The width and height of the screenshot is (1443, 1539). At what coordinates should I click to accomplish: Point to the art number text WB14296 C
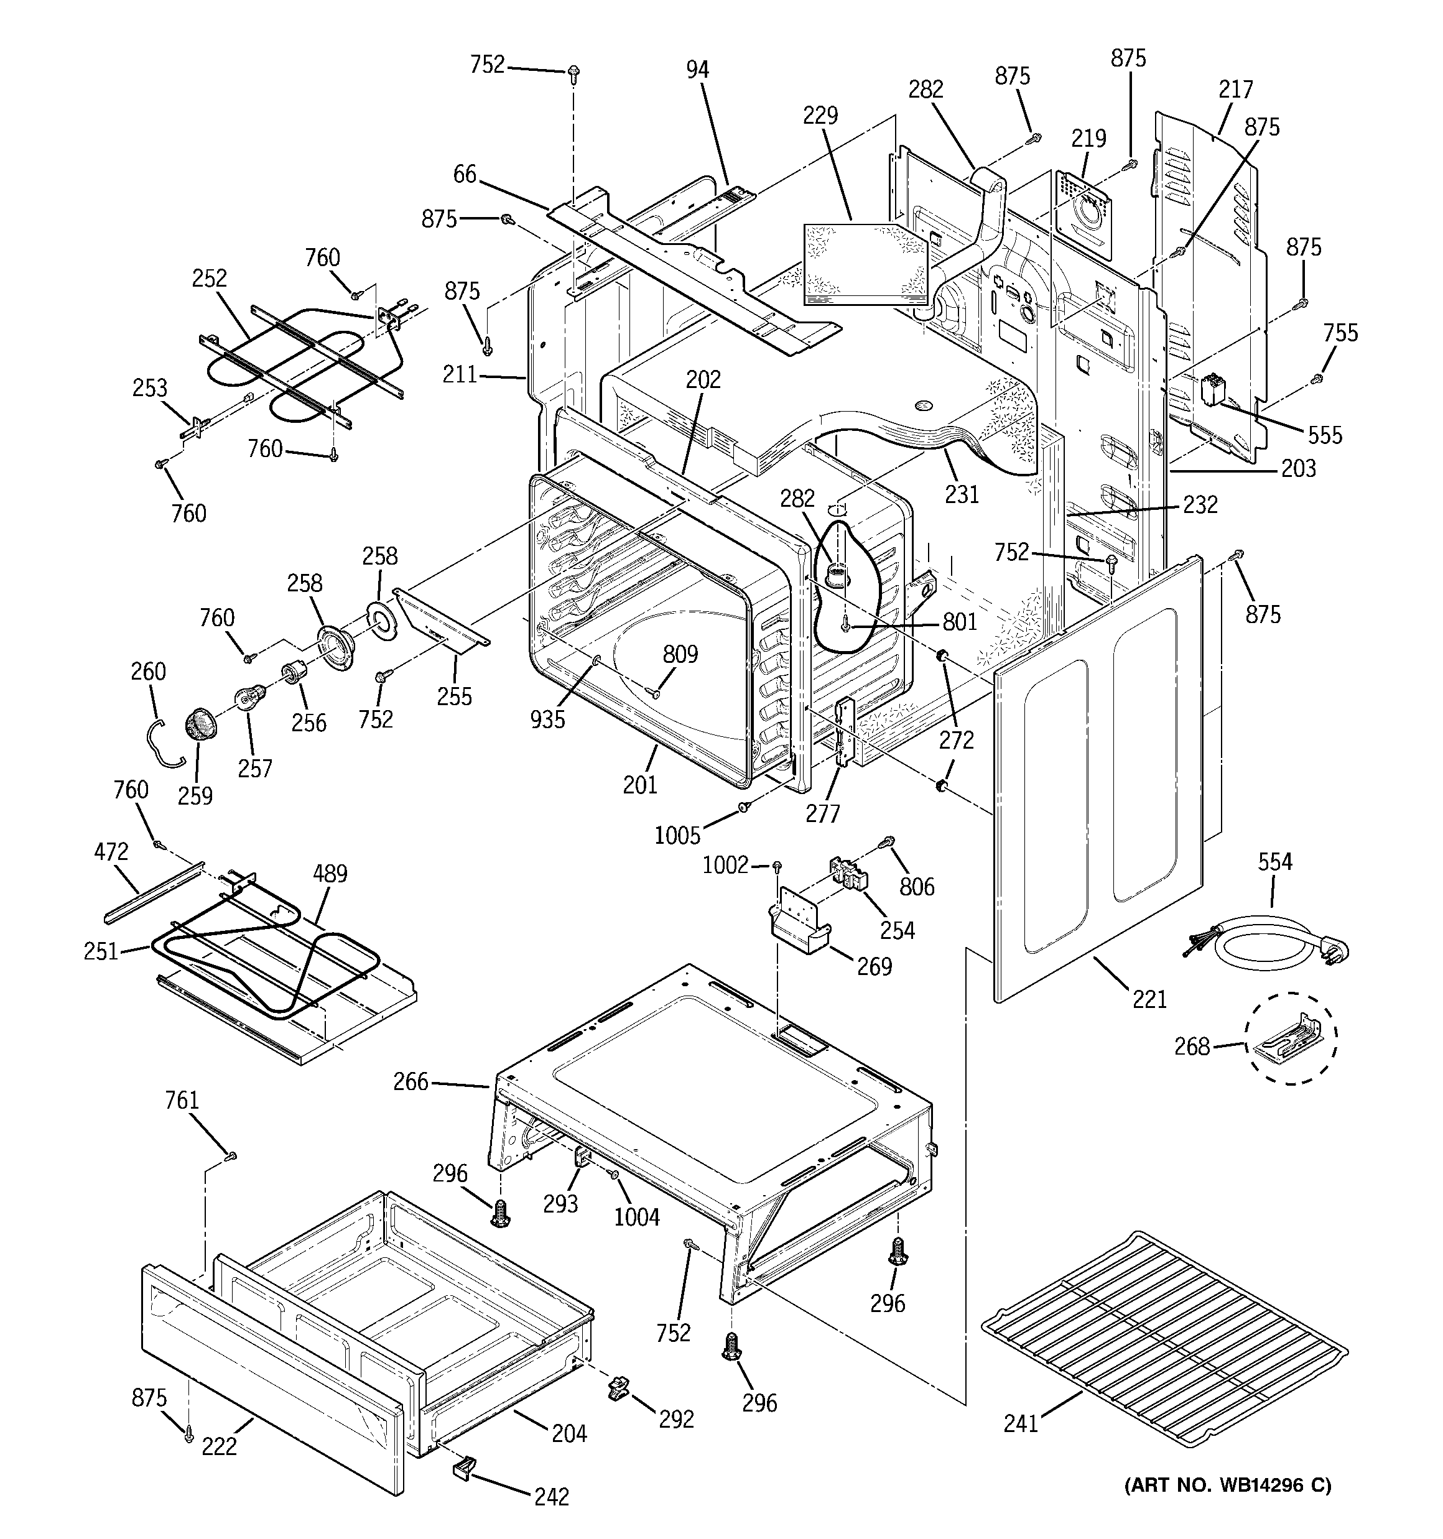tap(1227, 1485)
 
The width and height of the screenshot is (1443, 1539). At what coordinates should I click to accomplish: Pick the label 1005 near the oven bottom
tap(677, 834)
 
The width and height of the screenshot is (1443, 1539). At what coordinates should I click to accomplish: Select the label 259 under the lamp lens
tap(195, 795)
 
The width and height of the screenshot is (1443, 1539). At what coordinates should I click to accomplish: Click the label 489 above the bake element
tap(330, 874)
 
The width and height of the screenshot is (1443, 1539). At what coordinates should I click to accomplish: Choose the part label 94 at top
tap(697, 70)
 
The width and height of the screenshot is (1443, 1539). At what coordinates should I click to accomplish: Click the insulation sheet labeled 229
tap(864, 263)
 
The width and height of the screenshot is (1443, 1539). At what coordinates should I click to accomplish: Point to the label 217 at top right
tap(1235, 90)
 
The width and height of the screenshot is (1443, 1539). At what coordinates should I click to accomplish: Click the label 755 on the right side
tap(1340, 333)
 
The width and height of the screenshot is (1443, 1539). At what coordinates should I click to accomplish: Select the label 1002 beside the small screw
tap(725, 865)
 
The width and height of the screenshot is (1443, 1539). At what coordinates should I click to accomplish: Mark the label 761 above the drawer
tap(182, 1100)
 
